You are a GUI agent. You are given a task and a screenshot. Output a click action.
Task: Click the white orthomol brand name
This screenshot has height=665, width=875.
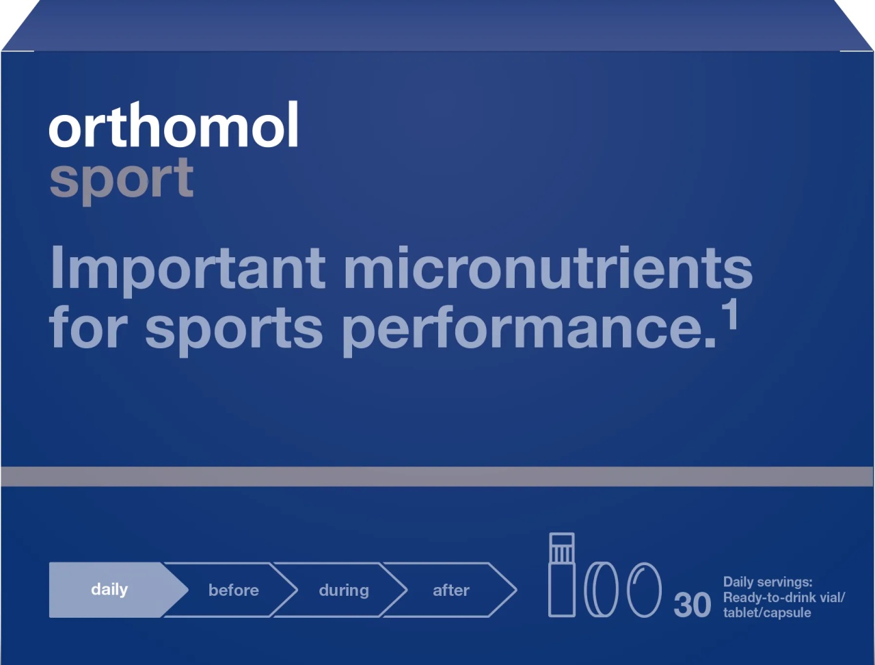pyautogui.click(x=174, y=125)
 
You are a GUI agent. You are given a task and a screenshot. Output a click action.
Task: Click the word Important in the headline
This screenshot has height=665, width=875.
pyautogui.click(x=187, y=271)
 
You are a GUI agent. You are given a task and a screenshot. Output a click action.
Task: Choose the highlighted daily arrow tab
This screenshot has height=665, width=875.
pyautogui.click(x=118, y=590)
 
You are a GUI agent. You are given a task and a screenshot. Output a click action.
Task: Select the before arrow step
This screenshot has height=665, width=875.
pyautogui.click(x=231, y=590)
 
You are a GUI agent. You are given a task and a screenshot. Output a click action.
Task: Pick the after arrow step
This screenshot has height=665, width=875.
pyautogui.click(x=450, y=590)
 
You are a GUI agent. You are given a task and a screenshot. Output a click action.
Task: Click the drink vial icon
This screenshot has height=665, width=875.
pyautogui.click(x=562, y=575)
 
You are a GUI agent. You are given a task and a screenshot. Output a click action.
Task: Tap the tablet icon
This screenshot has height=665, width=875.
pyautogui.click(x=602, y=590)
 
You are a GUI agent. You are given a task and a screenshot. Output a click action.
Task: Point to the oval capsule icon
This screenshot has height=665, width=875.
pyautogui.click(x=644, y=590)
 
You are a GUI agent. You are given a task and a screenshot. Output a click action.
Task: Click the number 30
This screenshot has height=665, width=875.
pyautogui.click(x=692, y=605)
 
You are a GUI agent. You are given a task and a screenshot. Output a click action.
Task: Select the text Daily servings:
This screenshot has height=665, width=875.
pyautogui.click(x=768, y=582)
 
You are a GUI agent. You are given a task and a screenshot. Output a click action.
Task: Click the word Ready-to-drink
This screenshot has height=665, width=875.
pyautogui.click(x=768, y=598)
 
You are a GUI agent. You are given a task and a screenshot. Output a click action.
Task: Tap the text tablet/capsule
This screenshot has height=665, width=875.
pyautogui.click(x=767, y=613)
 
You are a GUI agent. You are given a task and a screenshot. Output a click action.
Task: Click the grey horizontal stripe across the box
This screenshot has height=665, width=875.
pyautogui.click(x=437, y=477)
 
